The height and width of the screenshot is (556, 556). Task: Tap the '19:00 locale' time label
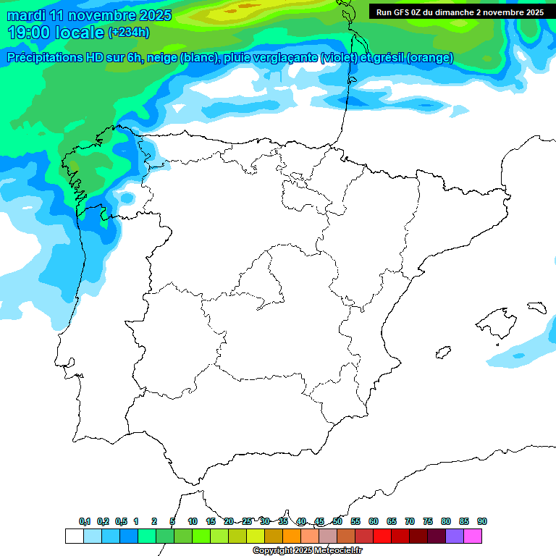[56, 33]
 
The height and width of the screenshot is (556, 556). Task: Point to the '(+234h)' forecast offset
[129, 33]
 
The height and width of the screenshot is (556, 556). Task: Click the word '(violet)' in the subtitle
[342, 58]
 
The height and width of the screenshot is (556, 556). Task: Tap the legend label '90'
[482, 521]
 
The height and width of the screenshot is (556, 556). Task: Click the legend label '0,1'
[85, 521]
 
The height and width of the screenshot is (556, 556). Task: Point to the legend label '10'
[193, 521]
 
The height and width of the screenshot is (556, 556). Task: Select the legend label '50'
[337, 521]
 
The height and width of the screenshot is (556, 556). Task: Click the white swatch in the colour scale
[74, 536]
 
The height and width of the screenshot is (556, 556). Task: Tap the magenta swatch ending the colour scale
[473, 536]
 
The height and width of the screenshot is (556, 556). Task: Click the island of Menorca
[536, 307]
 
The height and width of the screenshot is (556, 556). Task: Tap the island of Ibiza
[442, 353]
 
